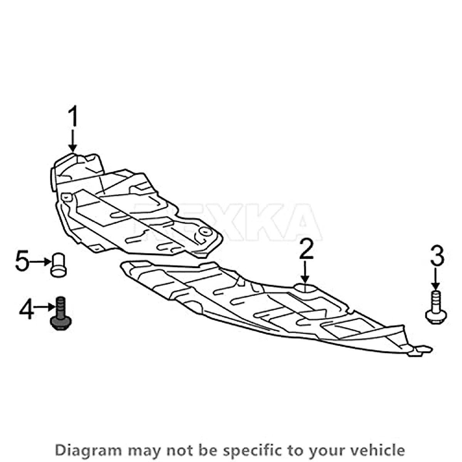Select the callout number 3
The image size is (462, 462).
(x=437, y=257)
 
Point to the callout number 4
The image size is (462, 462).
(x=26, y=310)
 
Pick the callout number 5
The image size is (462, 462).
(x=22, y=261)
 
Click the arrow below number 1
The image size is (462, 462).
(x=72, y=141)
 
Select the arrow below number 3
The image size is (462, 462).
(x=435, y=280)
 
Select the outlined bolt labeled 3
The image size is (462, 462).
(x=435, y=307)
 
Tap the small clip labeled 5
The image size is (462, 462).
(x=59, y=265)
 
